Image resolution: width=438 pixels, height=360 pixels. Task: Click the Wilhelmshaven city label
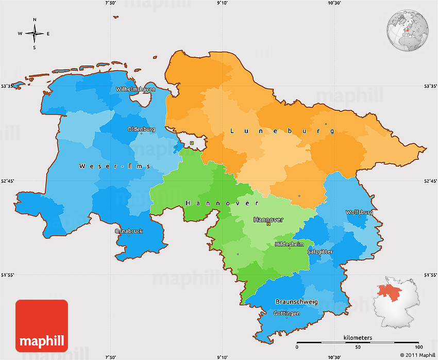pos(136,89)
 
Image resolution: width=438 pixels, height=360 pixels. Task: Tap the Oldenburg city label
pos(141,129)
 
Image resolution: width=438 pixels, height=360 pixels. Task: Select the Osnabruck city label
pos(129,231)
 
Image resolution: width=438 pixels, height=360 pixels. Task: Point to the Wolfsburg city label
pos(359,212)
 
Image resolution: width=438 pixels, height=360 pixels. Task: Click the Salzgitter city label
pos(320,252)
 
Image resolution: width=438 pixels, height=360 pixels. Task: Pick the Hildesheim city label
pos(290,244)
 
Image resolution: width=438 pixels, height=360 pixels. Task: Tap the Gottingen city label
pos(287,313)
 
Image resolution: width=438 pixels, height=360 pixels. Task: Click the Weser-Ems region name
pos(115,166)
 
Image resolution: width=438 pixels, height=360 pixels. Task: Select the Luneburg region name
pos(281,132)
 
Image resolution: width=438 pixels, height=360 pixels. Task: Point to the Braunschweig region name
pos(296,302)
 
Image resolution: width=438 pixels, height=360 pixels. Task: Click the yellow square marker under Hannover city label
pos(268,224)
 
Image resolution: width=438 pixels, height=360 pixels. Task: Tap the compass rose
pos(35,34)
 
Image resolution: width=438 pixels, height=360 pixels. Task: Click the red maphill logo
pos(42,326)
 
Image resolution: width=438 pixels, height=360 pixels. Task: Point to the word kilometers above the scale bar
pos(358,338)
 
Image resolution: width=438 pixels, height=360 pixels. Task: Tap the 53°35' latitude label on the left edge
pos(7,87)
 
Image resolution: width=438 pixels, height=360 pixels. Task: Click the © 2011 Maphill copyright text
pos(417,355)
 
